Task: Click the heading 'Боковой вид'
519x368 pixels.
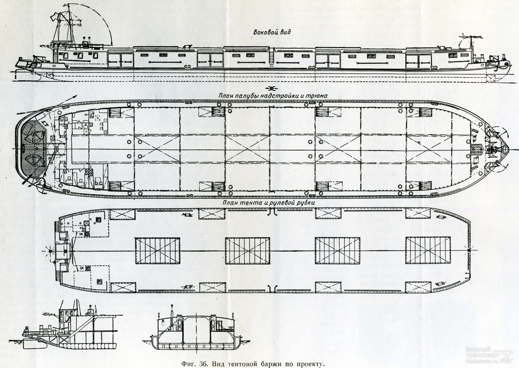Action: click(272, 32)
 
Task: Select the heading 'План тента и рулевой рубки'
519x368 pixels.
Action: click(269, 203)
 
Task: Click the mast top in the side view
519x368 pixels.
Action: click(69, 5)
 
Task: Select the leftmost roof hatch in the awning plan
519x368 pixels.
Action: click(157, 250)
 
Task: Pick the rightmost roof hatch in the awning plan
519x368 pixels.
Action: click(428, 250)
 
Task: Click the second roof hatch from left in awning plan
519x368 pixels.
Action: click(248, 250)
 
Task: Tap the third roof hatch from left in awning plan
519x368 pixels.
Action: click(338, 250)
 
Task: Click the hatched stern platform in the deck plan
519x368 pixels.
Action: click(33, 149)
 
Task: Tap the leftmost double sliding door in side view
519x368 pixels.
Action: click(121, 61)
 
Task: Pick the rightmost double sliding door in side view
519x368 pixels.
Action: click(418, 62)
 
